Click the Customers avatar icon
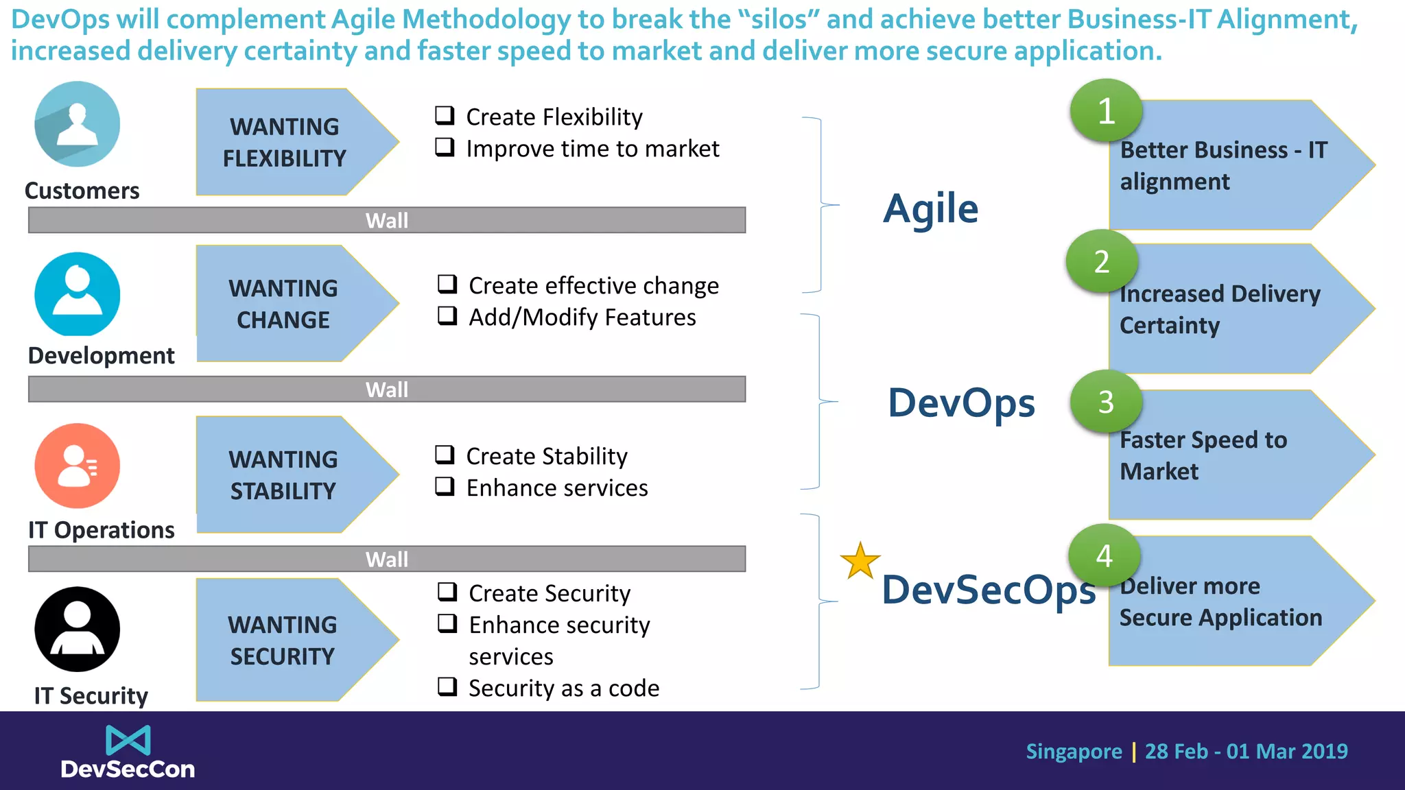point(78,124)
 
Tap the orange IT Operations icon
point(78,466)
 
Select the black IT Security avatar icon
point(78,629)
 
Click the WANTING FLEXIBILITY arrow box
point(288,142)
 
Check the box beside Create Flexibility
point(445,115)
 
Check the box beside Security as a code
point(447,686)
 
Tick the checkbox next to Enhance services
point(445,486)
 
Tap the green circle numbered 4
point(1104,555)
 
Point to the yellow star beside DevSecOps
point(860,561)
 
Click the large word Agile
point(930,208)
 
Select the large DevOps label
point(961,403)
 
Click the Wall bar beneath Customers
point(387,220)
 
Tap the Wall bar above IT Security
point(387,559)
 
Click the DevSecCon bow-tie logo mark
point(128,741)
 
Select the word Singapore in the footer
point(1074,752)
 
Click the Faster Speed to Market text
point(1203,455)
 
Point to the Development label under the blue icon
point(102,356)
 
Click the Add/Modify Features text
point(582,318)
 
